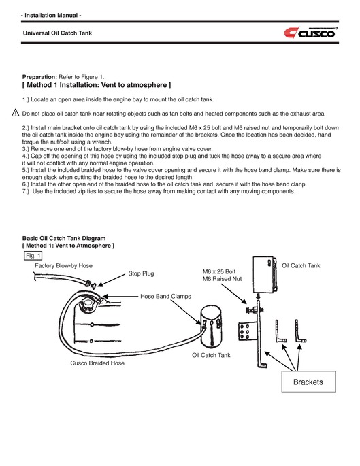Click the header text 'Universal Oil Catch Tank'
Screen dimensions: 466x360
pyautogui.click(x=58, y=33)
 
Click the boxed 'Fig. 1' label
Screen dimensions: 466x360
pyautogui.click(x=33, y=255)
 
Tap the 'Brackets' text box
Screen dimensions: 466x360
pyautogui.click(x=308, y=382)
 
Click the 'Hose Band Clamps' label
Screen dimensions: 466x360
pyautogui.click(x=165, y=297)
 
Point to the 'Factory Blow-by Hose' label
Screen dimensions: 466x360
pyautogui.click(x=63, y=265)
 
